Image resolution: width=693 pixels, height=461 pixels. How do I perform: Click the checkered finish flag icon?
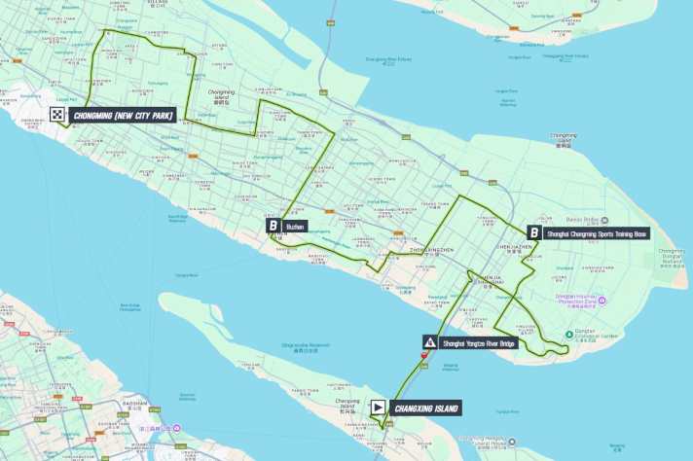point(58,115)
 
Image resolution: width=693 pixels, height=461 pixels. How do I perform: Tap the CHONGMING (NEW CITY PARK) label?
point(123,116)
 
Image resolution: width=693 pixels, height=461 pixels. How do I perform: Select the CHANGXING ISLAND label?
point(426,408)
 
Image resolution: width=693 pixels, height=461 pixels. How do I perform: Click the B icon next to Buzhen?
point(274,226)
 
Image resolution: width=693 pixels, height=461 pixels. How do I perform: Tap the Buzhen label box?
point(296,226)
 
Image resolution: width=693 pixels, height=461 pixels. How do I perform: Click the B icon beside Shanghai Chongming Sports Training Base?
point(534,232)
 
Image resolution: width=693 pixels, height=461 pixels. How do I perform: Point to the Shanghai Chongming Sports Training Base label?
point(597,233)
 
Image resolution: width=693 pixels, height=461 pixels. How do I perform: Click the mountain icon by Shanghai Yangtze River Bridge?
point(429,342)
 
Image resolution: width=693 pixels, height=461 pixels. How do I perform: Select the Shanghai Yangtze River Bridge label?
point(479,342)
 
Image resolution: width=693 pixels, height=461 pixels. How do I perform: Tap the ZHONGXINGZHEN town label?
point(432,250)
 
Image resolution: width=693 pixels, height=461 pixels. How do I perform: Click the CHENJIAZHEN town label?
point(515,248)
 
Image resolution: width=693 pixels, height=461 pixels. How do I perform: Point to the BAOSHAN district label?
point(135,402)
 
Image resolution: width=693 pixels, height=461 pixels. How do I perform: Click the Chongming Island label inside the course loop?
point(221,95)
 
